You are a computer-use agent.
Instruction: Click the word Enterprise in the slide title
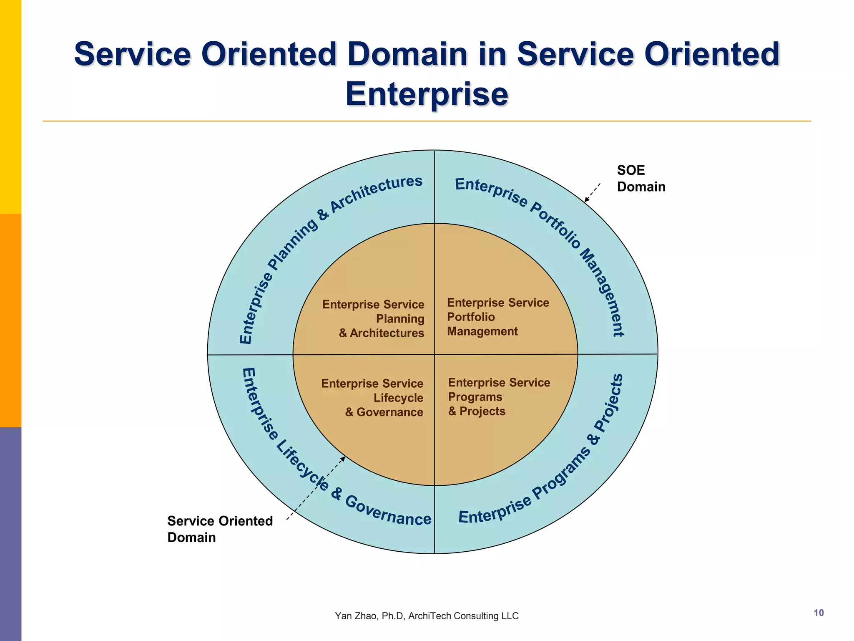427,94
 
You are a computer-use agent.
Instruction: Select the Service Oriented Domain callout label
219,529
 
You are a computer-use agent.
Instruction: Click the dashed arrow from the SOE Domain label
593,192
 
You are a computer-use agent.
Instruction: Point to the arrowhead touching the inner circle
343,459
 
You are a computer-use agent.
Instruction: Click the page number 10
819,613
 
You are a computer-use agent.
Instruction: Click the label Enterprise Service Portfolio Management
497,317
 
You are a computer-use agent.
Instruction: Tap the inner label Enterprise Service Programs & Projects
499,397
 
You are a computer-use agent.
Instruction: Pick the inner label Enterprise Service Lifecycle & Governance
372,398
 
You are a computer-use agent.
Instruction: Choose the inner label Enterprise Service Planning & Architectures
374,318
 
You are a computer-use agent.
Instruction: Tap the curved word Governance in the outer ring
388,511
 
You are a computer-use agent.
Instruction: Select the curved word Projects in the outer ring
610,403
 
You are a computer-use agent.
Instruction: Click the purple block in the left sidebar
10,534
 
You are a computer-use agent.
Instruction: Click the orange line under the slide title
427,121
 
